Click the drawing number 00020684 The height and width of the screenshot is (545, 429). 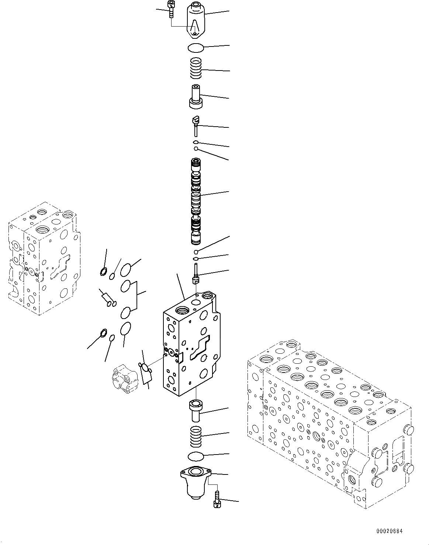[x=390, y=531]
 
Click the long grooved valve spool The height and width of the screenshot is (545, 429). [x=196, y=201]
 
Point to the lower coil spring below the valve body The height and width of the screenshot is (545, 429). [x=196, y=436]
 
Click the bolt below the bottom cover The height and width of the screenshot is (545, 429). [x=217, y=498]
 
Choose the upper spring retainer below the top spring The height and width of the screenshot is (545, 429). [x=196, y=97]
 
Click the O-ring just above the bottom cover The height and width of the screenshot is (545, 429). [x=195, y=456]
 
